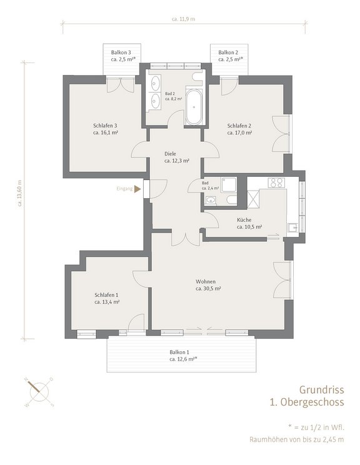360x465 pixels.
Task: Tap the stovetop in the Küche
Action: point(276,182)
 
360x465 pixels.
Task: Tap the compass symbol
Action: point(37,390)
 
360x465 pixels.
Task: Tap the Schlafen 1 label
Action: point(107,294)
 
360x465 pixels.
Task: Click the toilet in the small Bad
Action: point(231,199)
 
